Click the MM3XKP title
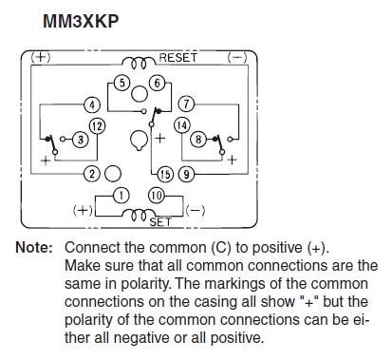pos(81,22)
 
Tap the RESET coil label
pos(178,58)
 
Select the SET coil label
pos(160,222)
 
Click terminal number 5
pos(122,83)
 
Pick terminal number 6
pos(158,84)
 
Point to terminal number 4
pos(92,104)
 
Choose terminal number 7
pos(186,104)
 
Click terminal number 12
pos(97,126)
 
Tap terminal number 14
pos(182,125)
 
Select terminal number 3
pos(81,140)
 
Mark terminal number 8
pos(198,139)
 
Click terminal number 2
pos(92,174)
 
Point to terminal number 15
pos(165,174)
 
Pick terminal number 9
pos(186,174)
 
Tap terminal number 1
pos(121,196)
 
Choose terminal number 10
pos(157,196)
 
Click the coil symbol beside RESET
pos(139,63)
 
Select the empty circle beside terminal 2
pos(113,174)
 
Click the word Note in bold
pos(34,247)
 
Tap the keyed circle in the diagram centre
pos(140,140)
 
